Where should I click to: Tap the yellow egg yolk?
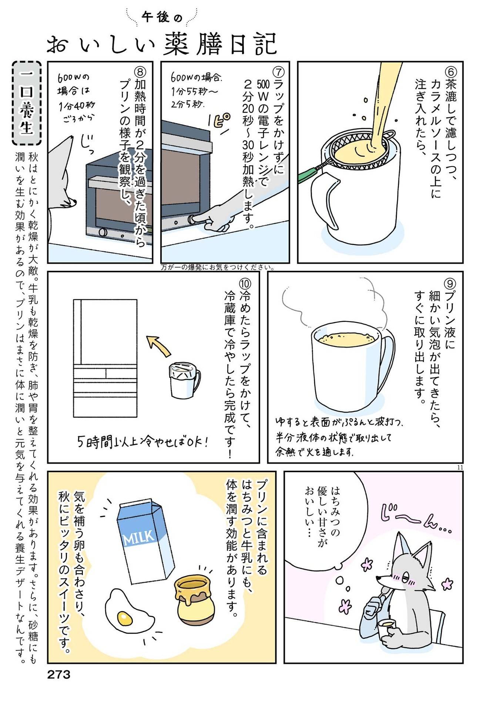[125, 617]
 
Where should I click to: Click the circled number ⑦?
[278, 72]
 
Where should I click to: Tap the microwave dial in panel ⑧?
[103, 233]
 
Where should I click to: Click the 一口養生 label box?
[27, 103]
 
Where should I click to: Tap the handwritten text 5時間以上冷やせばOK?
[142, 442]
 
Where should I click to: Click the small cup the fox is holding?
[386, 627]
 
